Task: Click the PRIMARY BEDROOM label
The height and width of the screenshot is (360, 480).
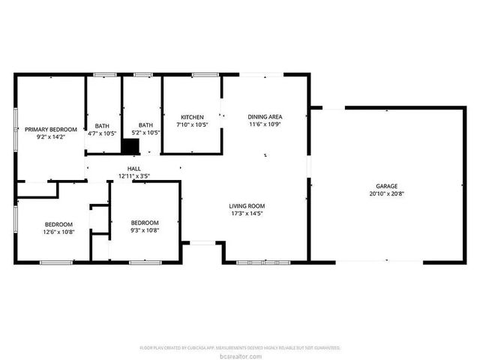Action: pyautogui.click(x=51, y=130)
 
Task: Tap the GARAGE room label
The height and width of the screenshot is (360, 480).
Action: pyautogui.click(x=387, y=186)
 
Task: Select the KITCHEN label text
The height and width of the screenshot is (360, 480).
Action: pyautogui.click(x=192, y=117)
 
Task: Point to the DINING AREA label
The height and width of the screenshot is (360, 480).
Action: pyautogui.click(x=265, y=117)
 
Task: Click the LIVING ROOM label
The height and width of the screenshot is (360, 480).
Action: pyautogui.click(x=247, y=205)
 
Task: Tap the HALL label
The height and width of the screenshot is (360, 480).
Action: pyautogui.click(x=134, y=169)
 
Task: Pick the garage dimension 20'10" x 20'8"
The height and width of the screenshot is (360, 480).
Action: pyautogui.click(x=387, y=193)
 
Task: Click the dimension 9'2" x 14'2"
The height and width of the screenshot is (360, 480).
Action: pyautogui.click(x=51, y=137)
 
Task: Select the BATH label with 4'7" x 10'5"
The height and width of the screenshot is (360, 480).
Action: pyautogui.click(x=102, y=125)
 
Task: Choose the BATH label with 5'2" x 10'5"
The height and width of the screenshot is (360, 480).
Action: pyautogui.click(x=145, y=125)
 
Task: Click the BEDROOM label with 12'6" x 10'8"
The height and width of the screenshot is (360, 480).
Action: pyautogui.click(x=58, y=224)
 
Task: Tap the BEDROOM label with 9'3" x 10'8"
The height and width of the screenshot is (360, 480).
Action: pyautogui.click(x=145, y=223)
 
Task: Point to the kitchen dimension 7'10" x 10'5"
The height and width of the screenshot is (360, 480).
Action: pyautogui.click(x=192, y=124)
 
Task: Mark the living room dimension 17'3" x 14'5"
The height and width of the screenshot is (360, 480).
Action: pyautogui.click(x=247, y=213)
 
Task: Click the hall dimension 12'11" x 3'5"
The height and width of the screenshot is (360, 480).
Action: pyautogui.click(x=134, y=176)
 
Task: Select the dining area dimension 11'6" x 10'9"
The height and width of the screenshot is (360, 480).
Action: pyautogui.click(x=265, y=124)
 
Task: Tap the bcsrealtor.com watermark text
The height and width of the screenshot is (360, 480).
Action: pyautogui.click(x=240, y=355)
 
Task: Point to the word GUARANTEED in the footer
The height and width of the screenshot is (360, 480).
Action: pyautogui.click(x=326, y=348)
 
